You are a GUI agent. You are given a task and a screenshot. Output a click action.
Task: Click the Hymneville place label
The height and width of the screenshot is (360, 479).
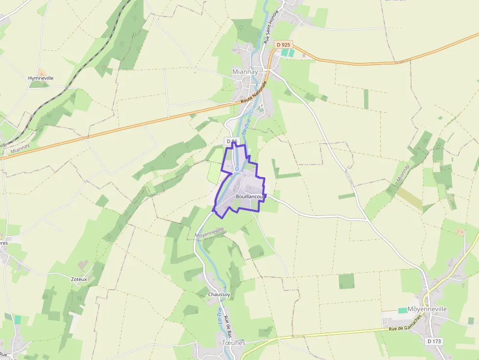pyautogui.click(x=41, y=78)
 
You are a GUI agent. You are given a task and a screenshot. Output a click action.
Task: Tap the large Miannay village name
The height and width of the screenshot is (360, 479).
pyautogui.click(x=245, y=72)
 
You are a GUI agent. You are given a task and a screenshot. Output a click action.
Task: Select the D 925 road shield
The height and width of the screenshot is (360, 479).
pyautogui.click(x=283, y=44)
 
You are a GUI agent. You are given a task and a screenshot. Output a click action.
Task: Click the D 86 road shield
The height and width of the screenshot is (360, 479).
pyautogui.click(x=232, y=141)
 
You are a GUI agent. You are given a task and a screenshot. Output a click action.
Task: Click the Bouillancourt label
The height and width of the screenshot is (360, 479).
pyautogui.click(x=250, y=196)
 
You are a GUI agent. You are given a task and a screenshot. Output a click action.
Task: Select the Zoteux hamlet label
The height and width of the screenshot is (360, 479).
pyautogui.click(x=79, y=279)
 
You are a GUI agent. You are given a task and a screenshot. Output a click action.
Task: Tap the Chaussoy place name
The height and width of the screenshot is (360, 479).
pyautogui.click(x=218, y=295)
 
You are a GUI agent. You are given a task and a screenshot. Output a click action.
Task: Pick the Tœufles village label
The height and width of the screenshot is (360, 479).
pyautogui.click(x=234, y=343)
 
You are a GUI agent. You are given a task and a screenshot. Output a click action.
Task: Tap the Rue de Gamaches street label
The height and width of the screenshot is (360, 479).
pyautogui.click(x=406, y=328)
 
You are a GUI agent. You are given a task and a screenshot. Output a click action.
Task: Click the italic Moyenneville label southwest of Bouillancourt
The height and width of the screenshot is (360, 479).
pyautogui.click(x=210, y=233)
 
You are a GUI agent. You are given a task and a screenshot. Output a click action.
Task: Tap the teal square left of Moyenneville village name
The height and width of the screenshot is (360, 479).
pyautogui.click(x=402, y=310)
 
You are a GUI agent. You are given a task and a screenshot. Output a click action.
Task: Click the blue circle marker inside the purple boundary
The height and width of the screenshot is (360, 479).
pyautogui.click(x=237, y=169)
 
